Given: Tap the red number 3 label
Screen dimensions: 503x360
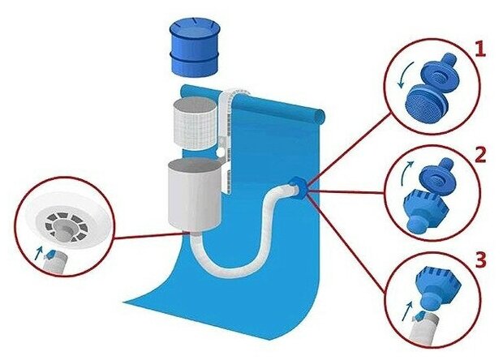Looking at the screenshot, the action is point(480,261).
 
